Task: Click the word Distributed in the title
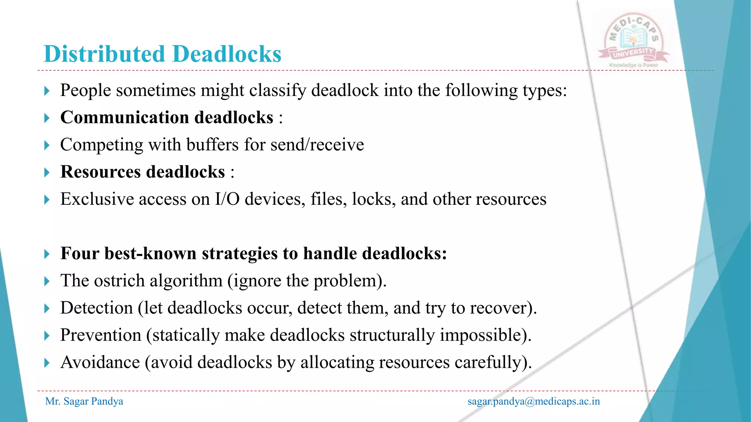(x=104, y=54)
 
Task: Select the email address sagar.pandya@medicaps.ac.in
(x=534, y=401)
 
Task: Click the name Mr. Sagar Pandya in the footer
(x=84, y=401)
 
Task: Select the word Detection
(x=96, y=308)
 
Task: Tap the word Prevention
(x=101, y=335)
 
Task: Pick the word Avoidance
(x=100, y=362)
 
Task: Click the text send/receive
(x=317, y=145)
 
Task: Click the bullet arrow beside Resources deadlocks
(x=47, y=172)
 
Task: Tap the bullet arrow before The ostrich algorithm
(x=47, y=281)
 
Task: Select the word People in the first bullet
(x=85, y=90)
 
